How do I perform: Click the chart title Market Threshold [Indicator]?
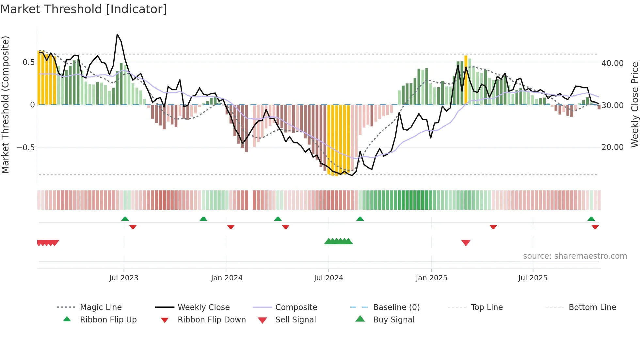coord(84,9)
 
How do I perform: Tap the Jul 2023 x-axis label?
coord(124,278)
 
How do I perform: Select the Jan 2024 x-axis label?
coord(227,278)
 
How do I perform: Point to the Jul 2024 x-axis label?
coord(328,278)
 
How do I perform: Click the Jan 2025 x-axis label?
coord(431,278)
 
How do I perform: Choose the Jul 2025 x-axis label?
coord(533,278)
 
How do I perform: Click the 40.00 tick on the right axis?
coord(612,63)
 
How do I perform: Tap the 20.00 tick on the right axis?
coord(612,147)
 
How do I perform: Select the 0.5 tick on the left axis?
coord(28,62)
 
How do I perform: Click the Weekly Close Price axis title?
coord(634,105)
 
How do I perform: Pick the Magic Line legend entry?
coord(101,307)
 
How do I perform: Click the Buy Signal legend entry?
coord(393,320)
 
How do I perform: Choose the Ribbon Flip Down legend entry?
coord(212,320)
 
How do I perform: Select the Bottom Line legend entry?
coord(592,307)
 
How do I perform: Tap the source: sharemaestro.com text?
coord(575,256)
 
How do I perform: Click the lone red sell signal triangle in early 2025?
coord(466,243)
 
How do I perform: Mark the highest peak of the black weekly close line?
coord(118,34)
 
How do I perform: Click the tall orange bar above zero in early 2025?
coord(466,80)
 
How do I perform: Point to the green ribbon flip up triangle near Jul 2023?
coord(125,219)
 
